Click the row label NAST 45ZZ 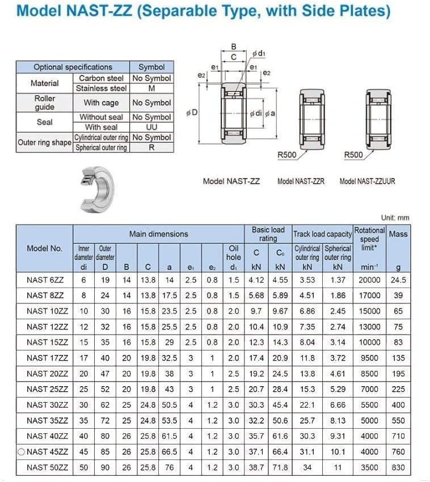tap(47, 451)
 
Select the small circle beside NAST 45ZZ tap(21, 451)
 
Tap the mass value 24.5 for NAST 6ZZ tap(398, 280)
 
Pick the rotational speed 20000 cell tap(369, 280)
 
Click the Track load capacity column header tap(322, 234)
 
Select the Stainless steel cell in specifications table tap(101, 88)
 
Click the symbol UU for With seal tap(151, 127)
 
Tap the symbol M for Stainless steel tap(151, 88)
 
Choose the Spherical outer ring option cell tap(101, 147)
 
